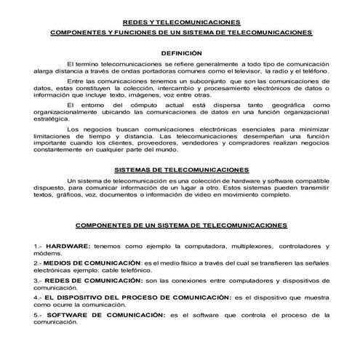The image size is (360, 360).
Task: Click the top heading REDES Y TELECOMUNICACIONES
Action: click(182, 23)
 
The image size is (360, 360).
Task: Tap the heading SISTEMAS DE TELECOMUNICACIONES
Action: click(182, 169)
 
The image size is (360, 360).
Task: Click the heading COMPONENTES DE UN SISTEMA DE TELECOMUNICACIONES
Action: click(182, 225)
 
